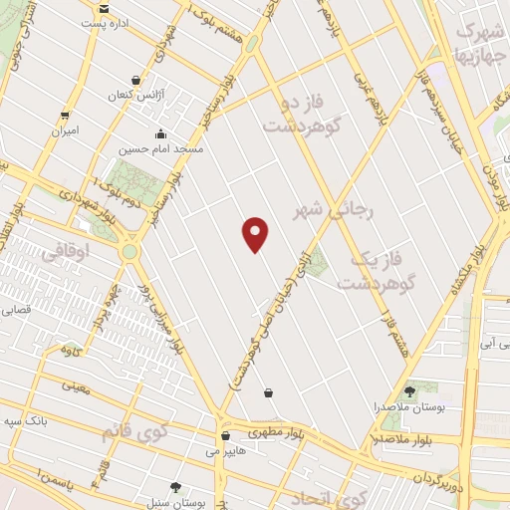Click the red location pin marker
(256, 233)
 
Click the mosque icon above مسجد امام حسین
(161, 133)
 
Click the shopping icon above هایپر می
(225, 435)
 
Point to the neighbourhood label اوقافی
(69, 254)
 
